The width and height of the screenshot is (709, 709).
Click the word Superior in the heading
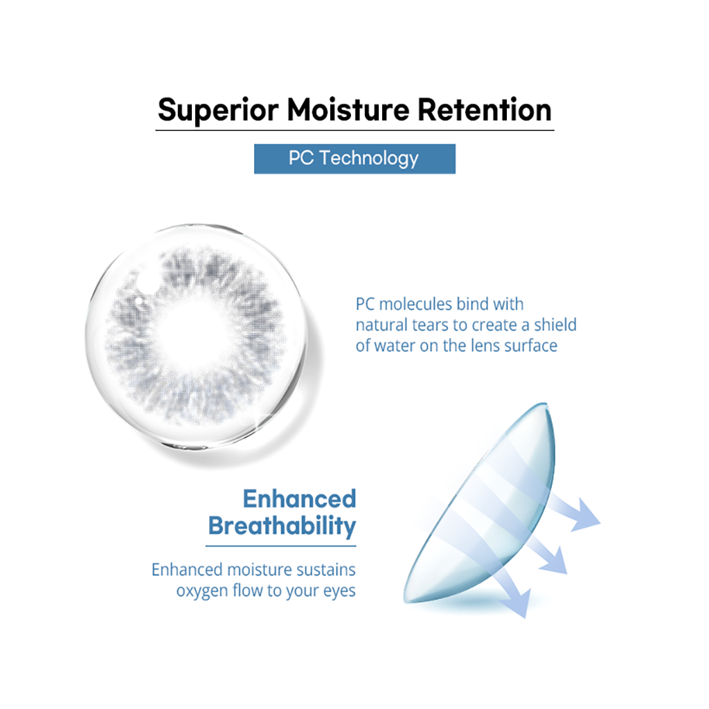point(218,110)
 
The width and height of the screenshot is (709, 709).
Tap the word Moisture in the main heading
point(348,109)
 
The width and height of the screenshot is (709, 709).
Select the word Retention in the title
point(485,109)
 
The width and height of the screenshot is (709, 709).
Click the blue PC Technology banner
point(354,159)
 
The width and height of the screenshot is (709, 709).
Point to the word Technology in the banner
point(369,159)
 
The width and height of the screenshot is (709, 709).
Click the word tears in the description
point(432,325)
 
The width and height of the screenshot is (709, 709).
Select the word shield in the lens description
point(555,325)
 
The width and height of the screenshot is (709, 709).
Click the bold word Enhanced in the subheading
point(299,499)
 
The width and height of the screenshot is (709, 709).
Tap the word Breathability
point(282,526)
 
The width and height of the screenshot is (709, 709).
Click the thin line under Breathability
point(281,546)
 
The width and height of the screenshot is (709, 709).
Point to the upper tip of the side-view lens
point(546,404)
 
